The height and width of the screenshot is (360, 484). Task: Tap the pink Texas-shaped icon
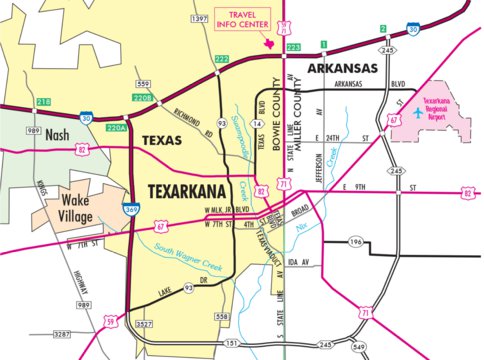268,41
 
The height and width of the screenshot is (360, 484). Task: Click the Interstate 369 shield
132,210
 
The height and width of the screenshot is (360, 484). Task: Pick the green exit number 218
43,102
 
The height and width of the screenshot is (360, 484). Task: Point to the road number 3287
60,332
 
